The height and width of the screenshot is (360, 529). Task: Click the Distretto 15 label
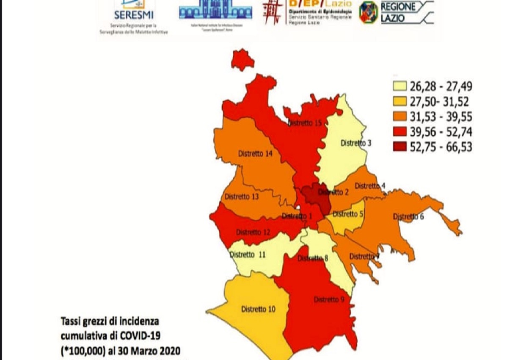(305, 123)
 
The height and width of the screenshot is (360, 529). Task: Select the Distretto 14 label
(255, 154)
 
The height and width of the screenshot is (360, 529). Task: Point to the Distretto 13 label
(242, 197)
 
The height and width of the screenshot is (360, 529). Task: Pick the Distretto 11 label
(248, 255)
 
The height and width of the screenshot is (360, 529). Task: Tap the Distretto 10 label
(258, 309)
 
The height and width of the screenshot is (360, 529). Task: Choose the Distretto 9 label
(329, 299)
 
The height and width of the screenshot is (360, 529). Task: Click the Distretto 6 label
(408, 216)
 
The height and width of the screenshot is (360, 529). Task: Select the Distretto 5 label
(348, 214)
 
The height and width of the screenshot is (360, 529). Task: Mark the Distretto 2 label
(333, 192)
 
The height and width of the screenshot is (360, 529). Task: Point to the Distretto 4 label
(370, 186)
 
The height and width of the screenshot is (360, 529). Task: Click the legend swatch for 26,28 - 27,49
(400, 87)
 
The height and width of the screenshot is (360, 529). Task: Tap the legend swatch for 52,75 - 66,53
(400, 147)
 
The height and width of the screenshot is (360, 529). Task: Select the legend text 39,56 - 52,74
(441, 132)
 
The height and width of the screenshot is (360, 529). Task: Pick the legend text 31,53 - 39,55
(441, 117)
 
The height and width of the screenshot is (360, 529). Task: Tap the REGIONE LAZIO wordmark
(399, 13)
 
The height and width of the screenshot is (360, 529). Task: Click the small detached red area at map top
(242, 58)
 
